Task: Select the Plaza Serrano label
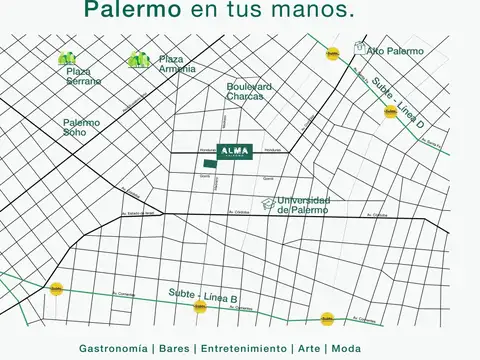pos(83,77)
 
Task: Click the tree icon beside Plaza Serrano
pos(68,59)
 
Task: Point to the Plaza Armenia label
pos(177,64)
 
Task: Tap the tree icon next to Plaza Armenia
pos(140,60)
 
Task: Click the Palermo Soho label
pos(81,127)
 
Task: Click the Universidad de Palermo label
pos(302,204)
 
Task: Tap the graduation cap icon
pos(267,204)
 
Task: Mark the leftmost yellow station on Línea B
pos(57,288)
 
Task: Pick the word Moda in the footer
pos(346,348)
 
